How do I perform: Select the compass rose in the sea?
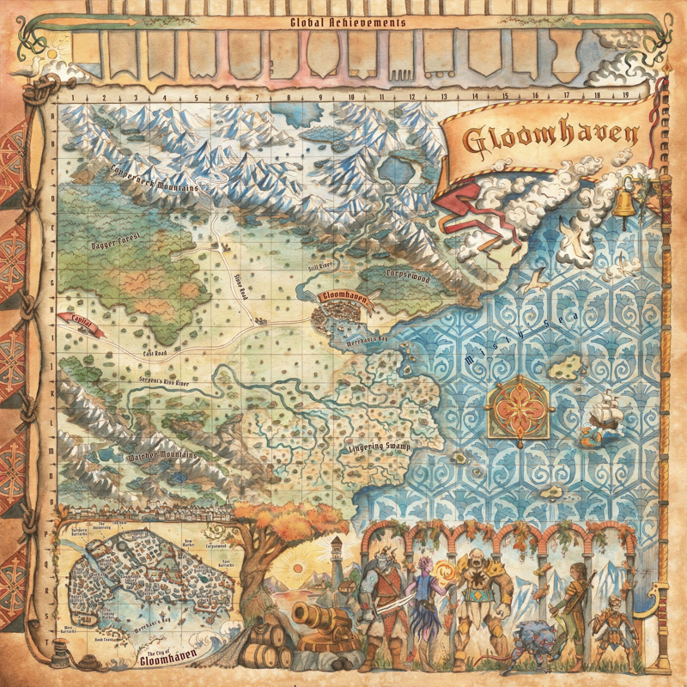point(518,403)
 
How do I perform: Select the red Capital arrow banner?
point(82,320)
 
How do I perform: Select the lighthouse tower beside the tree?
point(338,558)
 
